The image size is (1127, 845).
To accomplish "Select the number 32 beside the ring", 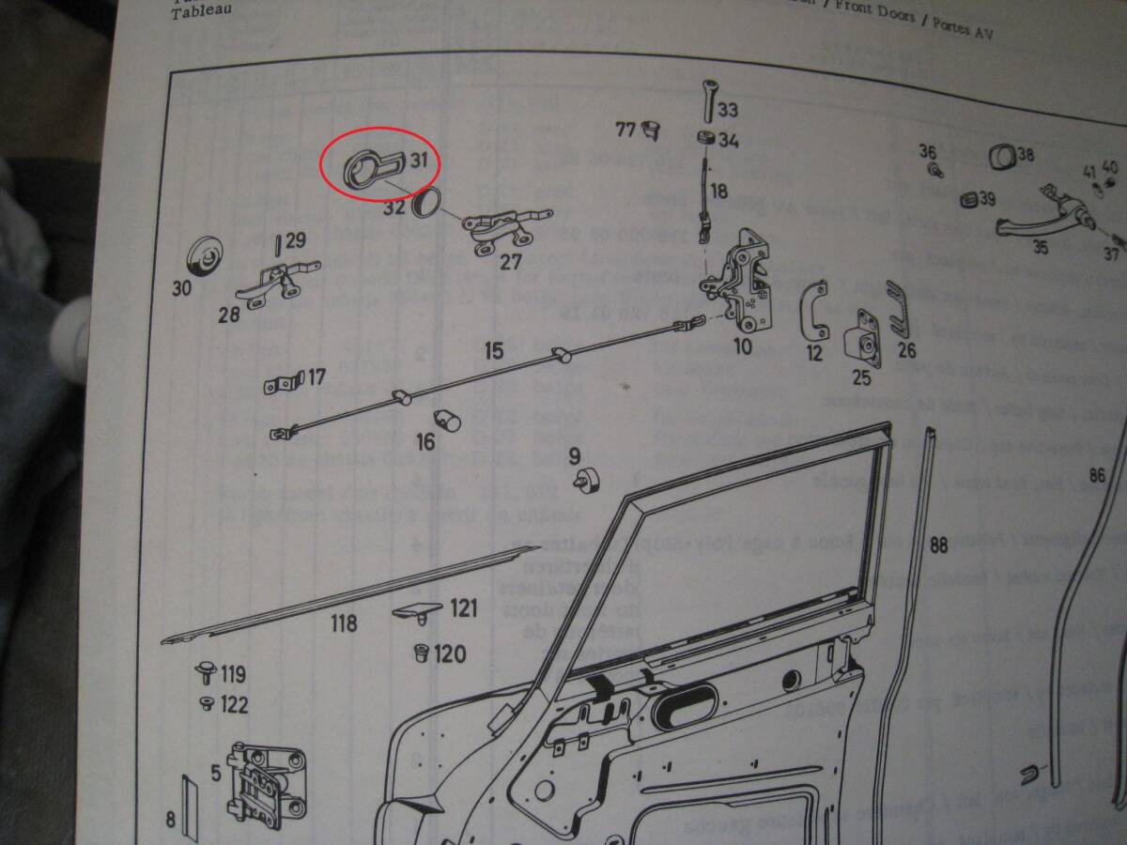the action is pyautogui.click(x=394, y=207).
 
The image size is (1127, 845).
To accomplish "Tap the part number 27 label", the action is pyautogui.click(x=511, y=262).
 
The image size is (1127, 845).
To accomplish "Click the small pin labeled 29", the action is pyautogui.click(x=278, y=245).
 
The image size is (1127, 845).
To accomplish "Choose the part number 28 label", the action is pyautogui.click(x=229, y=315).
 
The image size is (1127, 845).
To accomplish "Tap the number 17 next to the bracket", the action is pyautogui.click(x=316, y=377).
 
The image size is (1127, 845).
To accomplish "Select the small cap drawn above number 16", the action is pyautogui.click(x=445, y=418).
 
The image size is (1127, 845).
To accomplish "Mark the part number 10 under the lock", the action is pyautogui.click(x=742, y=346).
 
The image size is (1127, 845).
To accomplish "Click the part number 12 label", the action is pyautogui.click(x=814, y=353).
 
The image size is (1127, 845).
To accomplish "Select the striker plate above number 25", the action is pyautogui.click(x=864, y=338).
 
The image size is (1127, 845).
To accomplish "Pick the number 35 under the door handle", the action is pyautogui.click(x=1041, y=248).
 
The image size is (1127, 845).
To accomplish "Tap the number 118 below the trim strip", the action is pyautogui.click(x=344, y=622).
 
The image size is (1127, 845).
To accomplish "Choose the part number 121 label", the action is pyautogui.click(x=463, y=608).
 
